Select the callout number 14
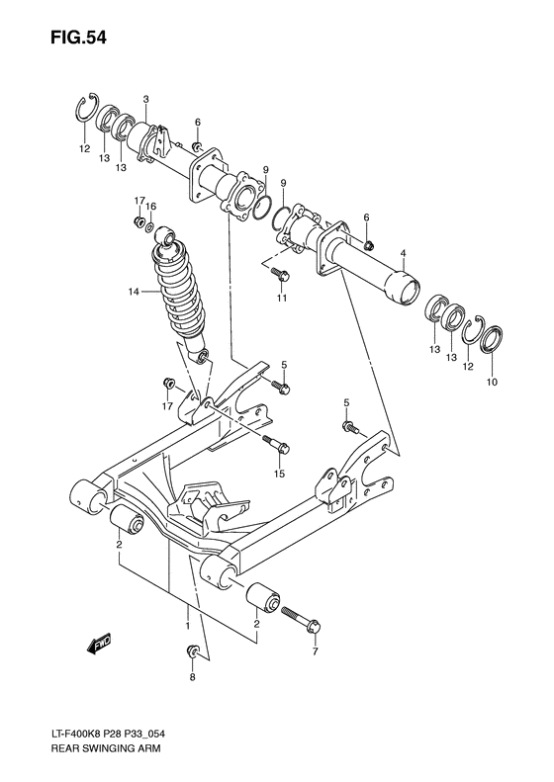point(133,292)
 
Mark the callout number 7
point(316,653)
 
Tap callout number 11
point(281,298)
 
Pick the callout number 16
point(151,207)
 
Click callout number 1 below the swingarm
point(186,626)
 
